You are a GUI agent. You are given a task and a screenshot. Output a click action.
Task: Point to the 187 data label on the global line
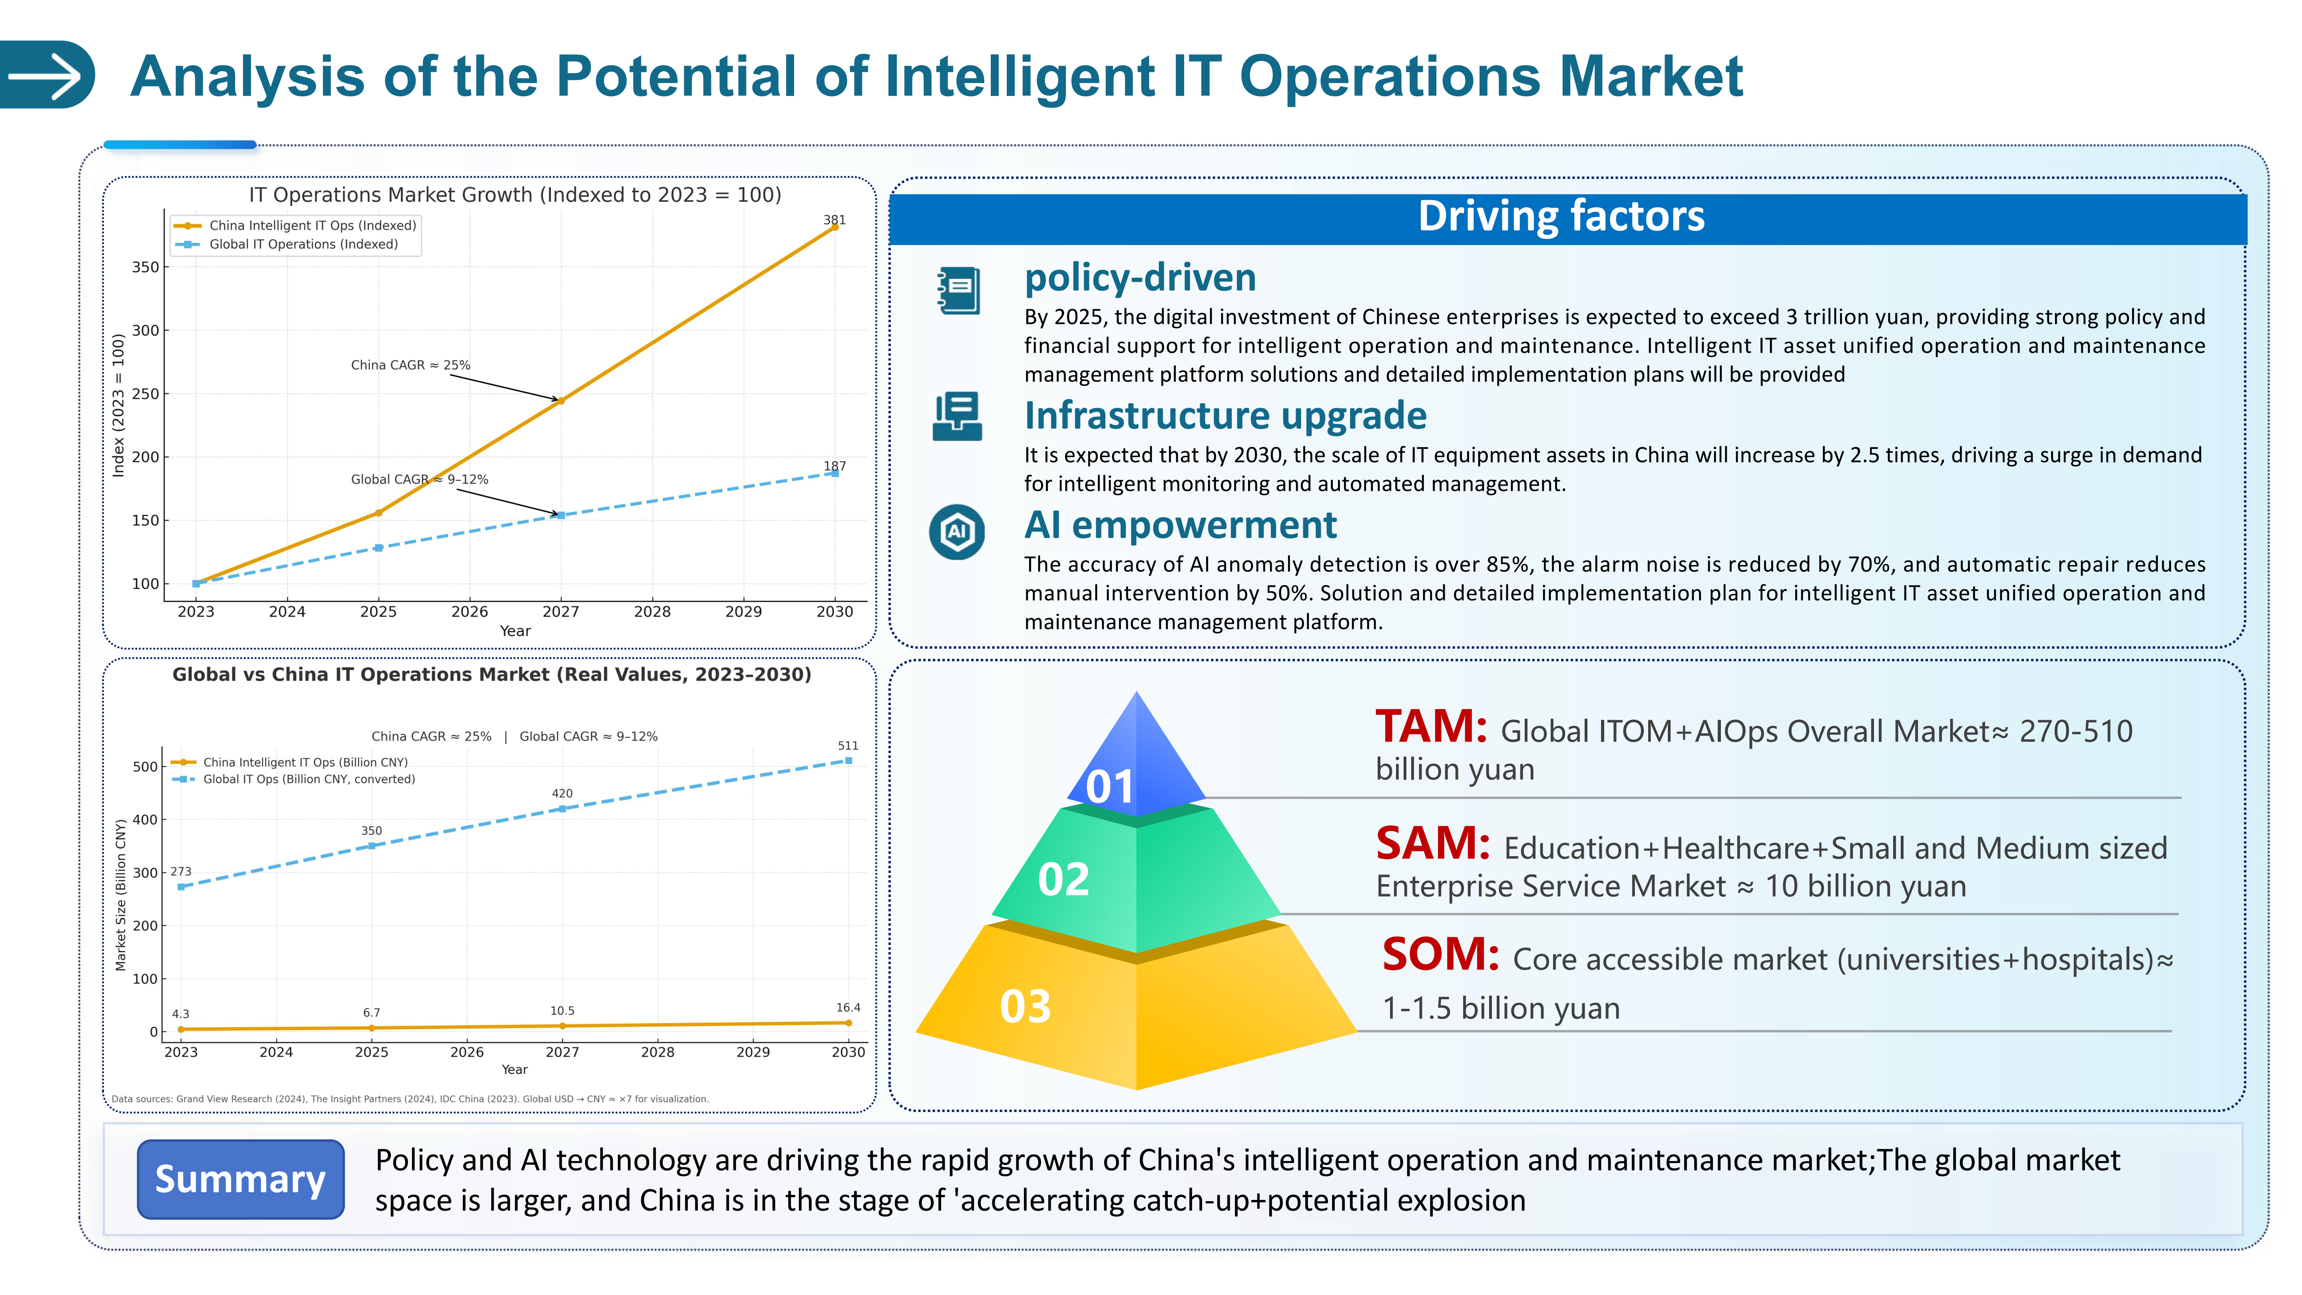[834, 466]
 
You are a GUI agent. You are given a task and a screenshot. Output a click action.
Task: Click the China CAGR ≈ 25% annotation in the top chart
[410, 365]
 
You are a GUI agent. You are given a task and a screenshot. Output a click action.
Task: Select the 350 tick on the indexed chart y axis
[145, 267]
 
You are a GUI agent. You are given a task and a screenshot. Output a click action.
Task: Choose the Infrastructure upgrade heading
[1224, 416]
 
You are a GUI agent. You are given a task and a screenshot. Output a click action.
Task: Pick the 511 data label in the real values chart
[847, 745]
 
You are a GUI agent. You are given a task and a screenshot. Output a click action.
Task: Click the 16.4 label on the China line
[847, 1007]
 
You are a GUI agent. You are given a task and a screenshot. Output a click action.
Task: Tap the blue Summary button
[240, 1179]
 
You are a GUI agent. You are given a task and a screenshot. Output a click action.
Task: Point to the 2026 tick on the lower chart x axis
[466, 1052]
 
